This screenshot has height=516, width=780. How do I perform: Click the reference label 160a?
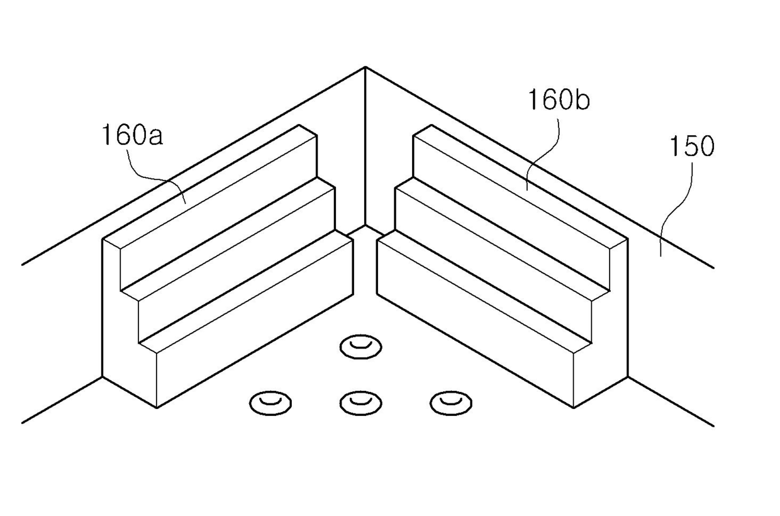(x=131, y=135)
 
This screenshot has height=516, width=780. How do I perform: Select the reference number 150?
(x=691, y=147)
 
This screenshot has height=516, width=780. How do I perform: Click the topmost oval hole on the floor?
(x=360, y=346)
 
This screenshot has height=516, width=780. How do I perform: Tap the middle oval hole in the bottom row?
(x=360, y=402)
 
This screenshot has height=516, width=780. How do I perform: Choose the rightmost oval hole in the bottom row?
(x=451, y=402)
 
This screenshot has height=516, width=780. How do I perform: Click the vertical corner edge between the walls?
(x=365, y=145)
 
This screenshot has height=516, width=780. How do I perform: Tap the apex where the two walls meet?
(x=365, y=67)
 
